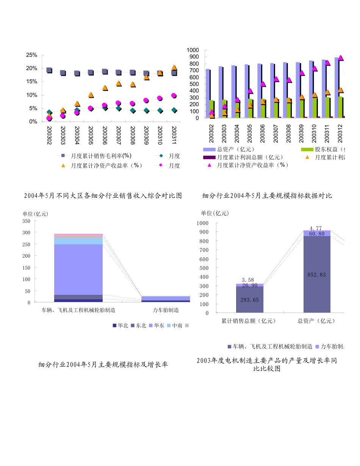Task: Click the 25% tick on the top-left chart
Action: [31, 55]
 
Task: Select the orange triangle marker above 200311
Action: [174, 67]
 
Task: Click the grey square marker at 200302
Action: [49, 70]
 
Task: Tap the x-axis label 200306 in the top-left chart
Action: [105, 134]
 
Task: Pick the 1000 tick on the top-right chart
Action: [193, 50]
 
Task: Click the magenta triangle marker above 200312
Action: [340, 58]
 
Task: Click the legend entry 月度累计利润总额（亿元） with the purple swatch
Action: [250, 157]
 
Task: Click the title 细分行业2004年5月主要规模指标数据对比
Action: [267, 196]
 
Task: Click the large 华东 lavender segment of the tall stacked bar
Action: [78, 269]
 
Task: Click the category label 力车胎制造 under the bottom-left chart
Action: [166, 310]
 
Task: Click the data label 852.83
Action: [317, 275]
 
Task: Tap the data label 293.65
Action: [249, 300]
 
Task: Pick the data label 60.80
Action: [317, 234]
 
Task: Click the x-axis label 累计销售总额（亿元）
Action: [249, 321]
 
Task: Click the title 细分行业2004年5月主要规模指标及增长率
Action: [103, 365]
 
